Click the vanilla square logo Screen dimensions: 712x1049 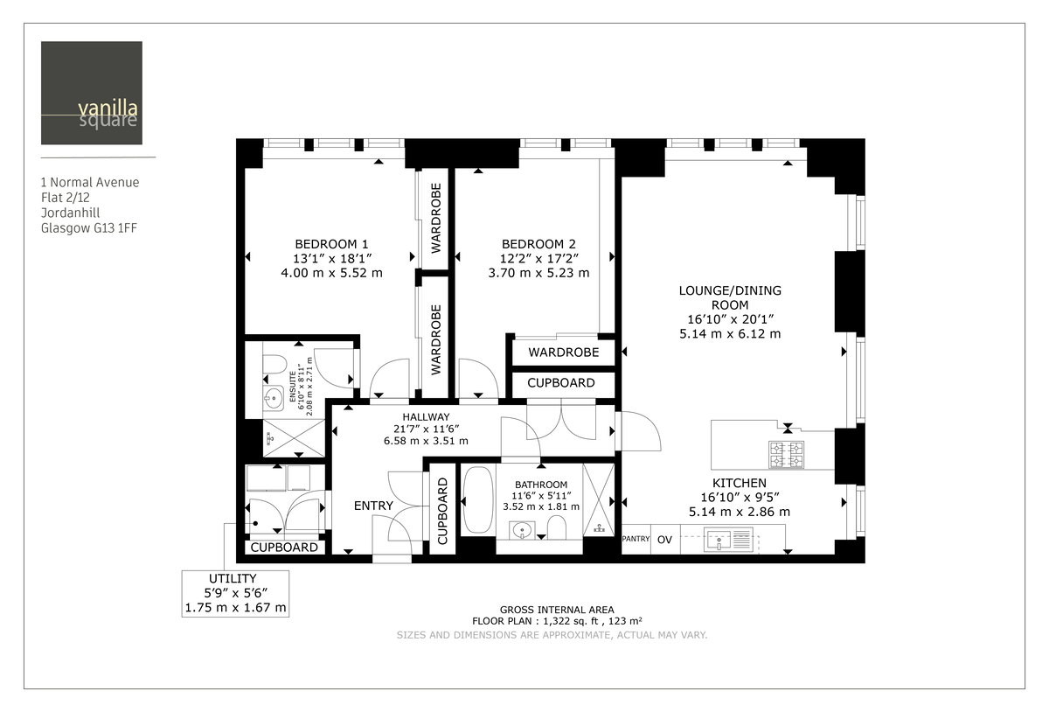(x=91, y=93)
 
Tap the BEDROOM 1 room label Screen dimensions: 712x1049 (x=331, y=244)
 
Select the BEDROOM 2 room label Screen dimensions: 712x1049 (x=538, y=244)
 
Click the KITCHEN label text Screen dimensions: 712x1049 (x=739, y=483)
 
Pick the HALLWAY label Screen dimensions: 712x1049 (x=426, y=416)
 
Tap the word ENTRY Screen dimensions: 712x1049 (x=373, y=506)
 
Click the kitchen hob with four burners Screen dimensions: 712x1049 (x=786, y=454)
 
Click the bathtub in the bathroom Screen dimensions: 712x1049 (x=477, y=500)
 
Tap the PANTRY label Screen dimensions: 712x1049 (x=636, y=540)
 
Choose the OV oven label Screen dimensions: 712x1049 (x=664, y=540)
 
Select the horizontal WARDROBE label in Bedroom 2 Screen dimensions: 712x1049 (x=563, y=353)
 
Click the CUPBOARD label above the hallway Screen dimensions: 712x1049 (x=561, y=383)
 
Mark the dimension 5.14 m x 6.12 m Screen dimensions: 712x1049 (x=730, y=334)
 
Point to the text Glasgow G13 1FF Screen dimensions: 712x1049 (x=88, y=229)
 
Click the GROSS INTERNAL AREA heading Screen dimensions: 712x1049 (x=556, y=610)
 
